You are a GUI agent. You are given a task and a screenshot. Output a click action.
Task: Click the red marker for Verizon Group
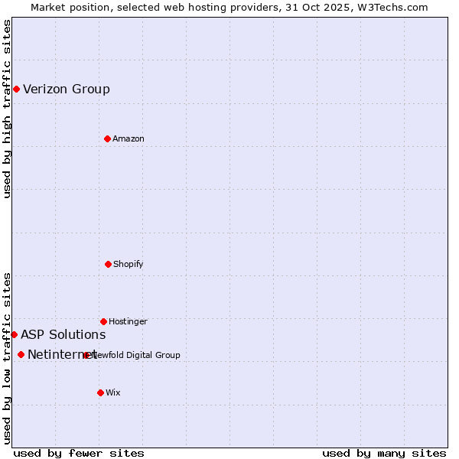pos(16,89)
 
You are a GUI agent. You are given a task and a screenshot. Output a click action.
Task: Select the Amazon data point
pos(107,138)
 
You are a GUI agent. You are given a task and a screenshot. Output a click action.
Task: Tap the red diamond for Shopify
pos(108,264)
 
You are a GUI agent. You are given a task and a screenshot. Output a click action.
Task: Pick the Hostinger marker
pos(103,321)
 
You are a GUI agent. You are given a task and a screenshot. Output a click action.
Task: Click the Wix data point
pos(100,392)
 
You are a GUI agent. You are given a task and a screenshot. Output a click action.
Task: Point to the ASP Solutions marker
pos(14,334)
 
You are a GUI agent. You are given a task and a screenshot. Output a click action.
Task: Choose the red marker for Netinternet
pos(21,354)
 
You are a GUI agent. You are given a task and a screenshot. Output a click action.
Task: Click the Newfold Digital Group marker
pos(86,355)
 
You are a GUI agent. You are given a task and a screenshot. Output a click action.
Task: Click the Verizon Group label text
pos(67,89)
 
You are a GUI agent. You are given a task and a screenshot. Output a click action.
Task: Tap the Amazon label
pos(129,138)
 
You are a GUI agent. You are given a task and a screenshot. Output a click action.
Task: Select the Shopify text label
pos(129,264)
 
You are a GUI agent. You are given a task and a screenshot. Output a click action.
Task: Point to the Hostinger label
pos(128,321)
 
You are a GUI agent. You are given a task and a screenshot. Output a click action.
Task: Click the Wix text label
pos(113,392)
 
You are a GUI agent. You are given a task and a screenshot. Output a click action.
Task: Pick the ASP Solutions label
pos(63,334)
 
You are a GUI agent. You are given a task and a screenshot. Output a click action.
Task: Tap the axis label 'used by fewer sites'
pos(79,453)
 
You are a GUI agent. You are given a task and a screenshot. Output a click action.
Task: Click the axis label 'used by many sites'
pos(384,453)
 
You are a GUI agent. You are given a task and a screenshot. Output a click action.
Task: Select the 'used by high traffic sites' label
pos(7,109)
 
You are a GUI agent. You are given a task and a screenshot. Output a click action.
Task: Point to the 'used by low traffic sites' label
pos(7,358)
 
